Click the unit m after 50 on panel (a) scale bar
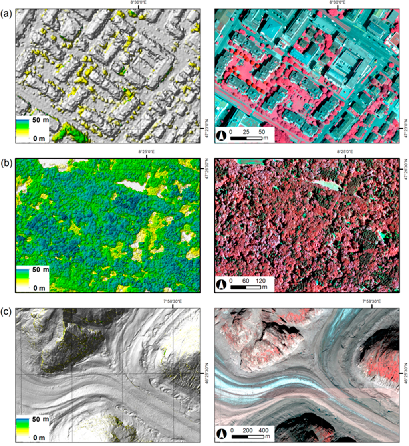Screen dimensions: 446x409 pyautogui.click(x=266, y=138)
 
